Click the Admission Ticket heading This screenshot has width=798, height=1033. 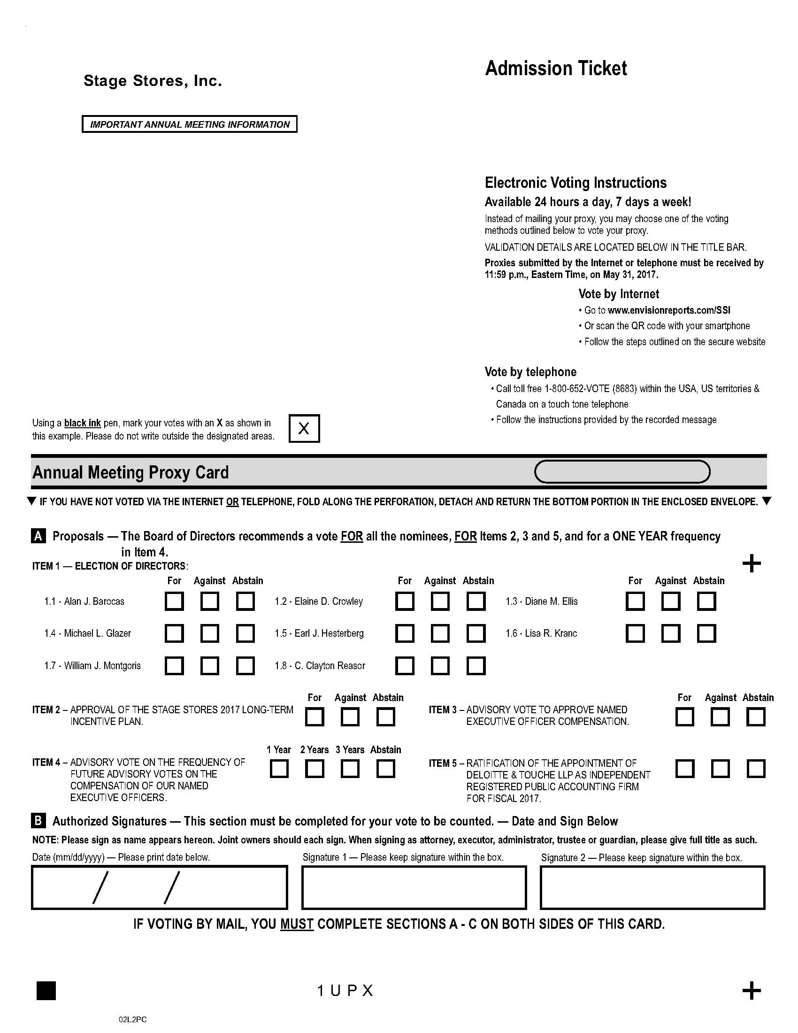(x=556, y=69)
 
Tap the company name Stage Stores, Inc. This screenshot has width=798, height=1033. (x=153, y=81)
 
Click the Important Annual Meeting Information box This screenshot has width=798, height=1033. (x=190, y=124)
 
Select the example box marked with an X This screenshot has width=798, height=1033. (x=304, y=429)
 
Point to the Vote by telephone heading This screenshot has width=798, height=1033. (x=530, y=372)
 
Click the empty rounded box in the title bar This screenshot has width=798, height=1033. (x=622, y=471)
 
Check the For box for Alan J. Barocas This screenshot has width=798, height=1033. (x=174, y=601)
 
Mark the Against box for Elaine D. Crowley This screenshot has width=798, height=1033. (x=440, y=601)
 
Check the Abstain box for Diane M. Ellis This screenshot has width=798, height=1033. (x=706, y=601)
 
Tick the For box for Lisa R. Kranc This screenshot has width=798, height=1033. (x=635, y=633)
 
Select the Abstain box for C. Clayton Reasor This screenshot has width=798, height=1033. (x=476, y=666)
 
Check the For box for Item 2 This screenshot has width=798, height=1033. (x=315, y=717)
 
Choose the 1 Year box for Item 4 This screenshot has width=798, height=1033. (x=279, y=769)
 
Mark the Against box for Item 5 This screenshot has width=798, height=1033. (x=720, y=769)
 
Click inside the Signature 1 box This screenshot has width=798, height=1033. (x=414, y=887)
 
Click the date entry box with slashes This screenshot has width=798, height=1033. (x=159, y=887)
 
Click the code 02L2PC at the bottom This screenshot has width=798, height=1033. (x=132, y=1020)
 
